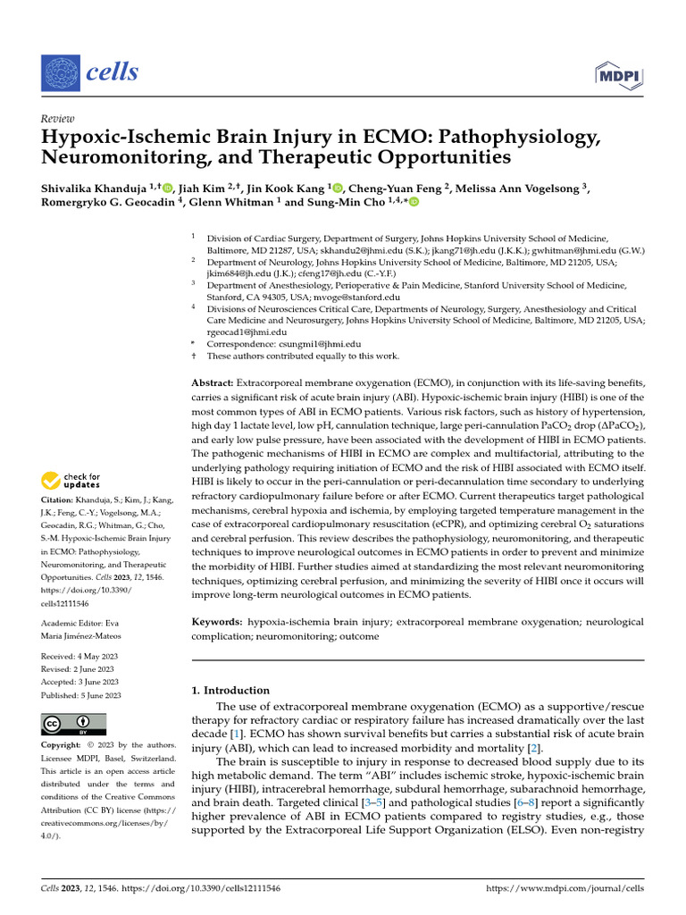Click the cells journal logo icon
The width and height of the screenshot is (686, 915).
pos(61,71)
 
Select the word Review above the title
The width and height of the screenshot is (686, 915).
pos(58,119)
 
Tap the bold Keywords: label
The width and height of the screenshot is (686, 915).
pos(219,620)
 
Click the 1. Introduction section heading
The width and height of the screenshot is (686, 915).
pos(231,690)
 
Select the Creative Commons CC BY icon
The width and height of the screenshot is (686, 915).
pos(74,724)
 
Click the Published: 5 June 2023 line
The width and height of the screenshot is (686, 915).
pos(81,695)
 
